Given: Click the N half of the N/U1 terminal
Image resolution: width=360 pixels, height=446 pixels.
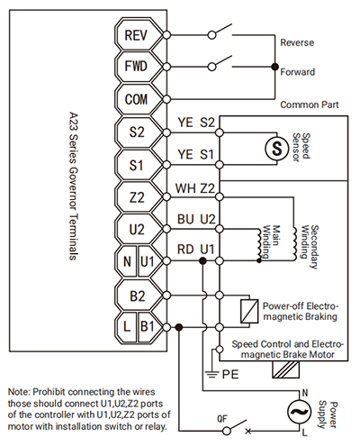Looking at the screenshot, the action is pyautogui.click(x=127, y=262).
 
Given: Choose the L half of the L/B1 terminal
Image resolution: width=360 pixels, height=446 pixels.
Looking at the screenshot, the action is pyautogui.click(x=127, y=326).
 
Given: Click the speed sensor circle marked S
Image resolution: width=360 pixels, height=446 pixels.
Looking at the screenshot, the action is pyautogui.click(x=276, y=148).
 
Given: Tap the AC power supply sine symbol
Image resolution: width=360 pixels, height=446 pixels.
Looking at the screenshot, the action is pyautogui.click(x=299, y=412).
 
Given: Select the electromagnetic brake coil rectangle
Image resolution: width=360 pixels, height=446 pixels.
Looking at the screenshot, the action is pyautogui.click(x=249, y=311).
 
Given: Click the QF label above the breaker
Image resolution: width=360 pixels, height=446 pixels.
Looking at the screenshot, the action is pyautogui.click(x=222, y=419).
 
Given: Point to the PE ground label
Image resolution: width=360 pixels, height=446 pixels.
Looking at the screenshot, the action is pyautogui.click(x=230, y=375).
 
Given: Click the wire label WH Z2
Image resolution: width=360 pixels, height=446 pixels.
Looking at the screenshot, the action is pyautogui.click(x=195, y=188).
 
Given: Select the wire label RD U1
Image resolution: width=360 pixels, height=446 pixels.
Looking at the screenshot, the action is pyautogui.click(x=196, y=250).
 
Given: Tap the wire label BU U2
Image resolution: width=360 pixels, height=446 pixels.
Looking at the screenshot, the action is pyautogui.click(x=196, y=219).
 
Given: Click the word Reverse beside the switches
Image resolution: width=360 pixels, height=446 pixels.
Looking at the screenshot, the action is pyautogui.click(x=297, y=42).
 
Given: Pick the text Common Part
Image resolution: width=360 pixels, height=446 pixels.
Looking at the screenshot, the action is pyautogui.click(x=310, y=105).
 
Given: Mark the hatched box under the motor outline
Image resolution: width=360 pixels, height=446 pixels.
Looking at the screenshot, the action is pyautogui.click(x=285, y=369).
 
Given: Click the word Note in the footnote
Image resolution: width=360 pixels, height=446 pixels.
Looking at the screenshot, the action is pyautogui.click(x=19, y=392).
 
